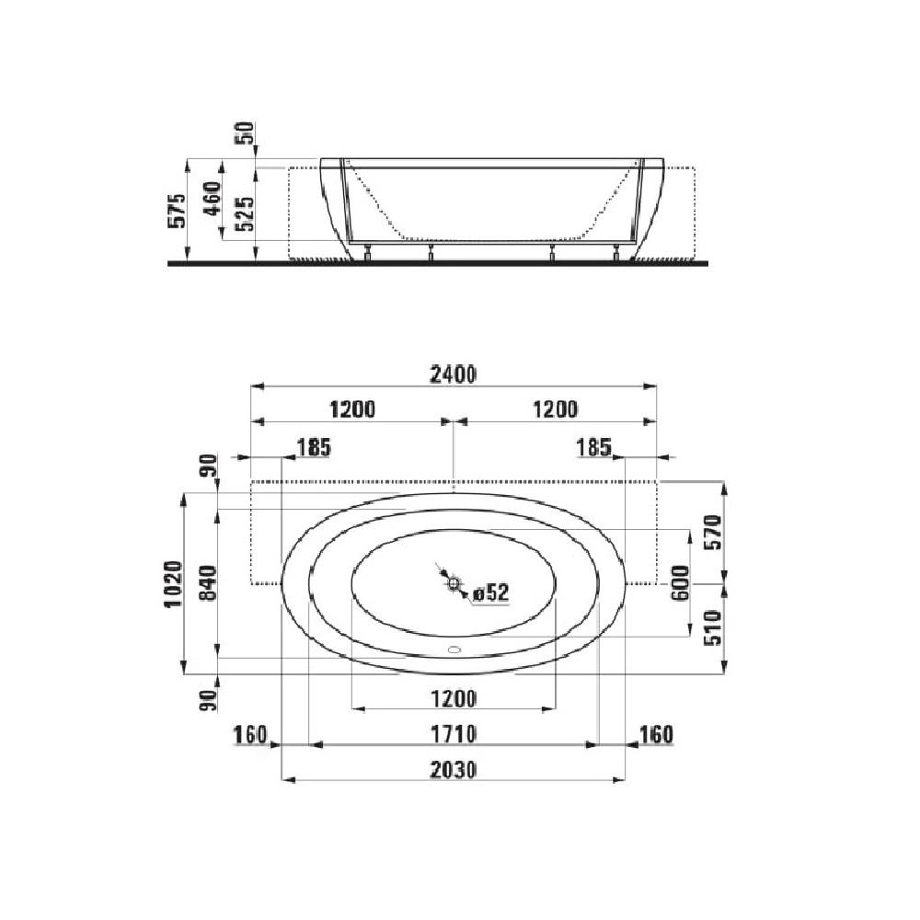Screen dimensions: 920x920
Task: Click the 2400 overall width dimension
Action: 454,374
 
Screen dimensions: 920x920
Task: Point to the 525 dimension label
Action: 244,213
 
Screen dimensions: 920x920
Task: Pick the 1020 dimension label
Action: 178,581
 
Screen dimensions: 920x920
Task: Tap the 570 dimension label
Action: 714,532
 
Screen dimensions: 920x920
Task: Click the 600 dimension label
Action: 681,582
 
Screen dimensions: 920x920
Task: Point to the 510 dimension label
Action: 714,629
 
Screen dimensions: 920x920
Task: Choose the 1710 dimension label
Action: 454,734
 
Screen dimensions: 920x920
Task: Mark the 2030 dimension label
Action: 454,769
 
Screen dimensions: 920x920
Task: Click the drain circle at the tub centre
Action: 454,582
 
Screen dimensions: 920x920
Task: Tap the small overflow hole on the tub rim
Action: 454,649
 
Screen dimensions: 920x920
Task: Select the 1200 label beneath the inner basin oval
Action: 454,699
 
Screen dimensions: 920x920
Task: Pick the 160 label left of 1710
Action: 249,734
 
